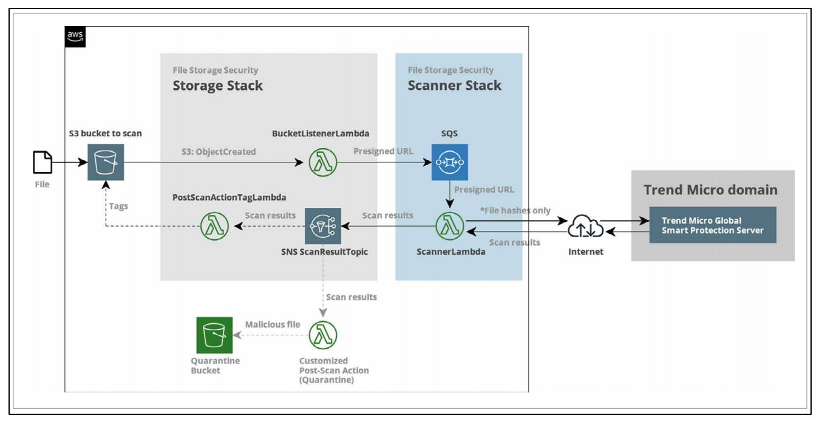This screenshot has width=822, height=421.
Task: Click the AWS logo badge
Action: point(75,37)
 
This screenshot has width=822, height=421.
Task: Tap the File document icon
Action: point(42,163)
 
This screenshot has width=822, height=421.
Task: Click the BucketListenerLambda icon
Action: point(322,163)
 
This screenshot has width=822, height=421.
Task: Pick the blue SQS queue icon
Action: point(450,162)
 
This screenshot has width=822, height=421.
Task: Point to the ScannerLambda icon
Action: point(450,227)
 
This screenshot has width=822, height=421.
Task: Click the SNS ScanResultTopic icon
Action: point(322,226)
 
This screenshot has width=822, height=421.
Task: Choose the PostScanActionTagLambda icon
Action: point(216,227)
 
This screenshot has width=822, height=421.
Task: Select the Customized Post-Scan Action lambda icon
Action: point(322,335)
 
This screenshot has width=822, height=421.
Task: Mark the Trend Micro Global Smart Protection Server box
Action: point(713,225)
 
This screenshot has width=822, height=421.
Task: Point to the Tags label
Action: point(118,206)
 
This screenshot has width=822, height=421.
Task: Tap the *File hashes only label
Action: point(515,210)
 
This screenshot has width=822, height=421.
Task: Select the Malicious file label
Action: point(273,324)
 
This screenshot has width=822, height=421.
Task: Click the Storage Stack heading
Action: point(217,86)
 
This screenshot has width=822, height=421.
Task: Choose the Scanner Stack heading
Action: point(454,86)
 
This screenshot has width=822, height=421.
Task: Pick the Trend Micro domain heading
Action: point(710,190)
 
